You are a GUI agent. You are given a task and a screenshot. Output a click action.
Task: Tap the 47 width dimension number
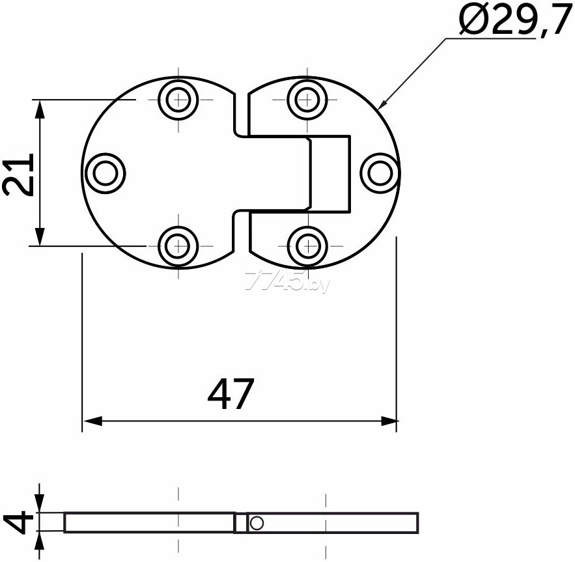tap(231, 395)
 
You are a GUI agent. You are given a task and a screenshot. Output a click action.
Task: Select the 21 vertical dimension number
tap(18, 175)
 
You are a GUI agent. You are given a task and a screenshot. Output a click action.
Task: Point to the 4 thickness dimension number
tap(18, 524)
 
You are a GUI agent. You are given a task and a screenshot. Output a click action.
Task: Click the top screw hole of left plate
tap(178, 100)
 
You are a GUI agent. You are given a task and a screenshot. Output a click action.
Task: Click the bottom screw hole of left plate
tap(178, 246)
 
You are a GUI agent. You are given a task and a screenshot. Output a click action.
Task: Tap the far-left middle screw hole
tap(105, 173)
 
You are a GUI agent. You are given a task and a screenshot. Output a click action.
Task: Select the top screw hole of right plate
tap(307, 100)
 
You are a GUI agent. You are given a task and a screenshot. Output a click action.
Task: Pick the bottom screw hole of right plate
tap(307, 246)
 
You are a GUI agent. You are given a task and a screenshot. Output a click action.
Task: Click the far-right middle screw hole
tap(380, 173)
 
